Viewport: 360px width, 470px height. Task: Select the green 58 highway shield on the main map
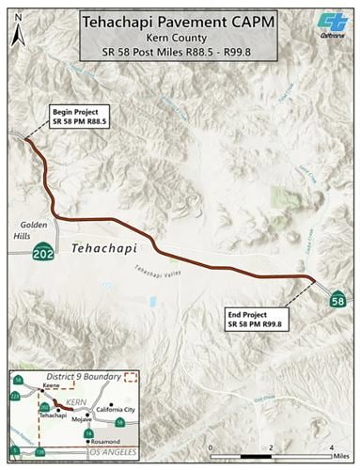[x=337, y=300]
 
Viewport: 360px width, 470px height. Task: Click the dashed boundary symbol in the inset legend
[x=130, y=376]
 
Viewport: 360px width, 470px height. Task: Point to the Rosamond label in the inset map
[x=106, y=442]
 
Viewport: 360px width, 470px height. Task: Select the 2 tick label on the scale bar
[x=271, y=445]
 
